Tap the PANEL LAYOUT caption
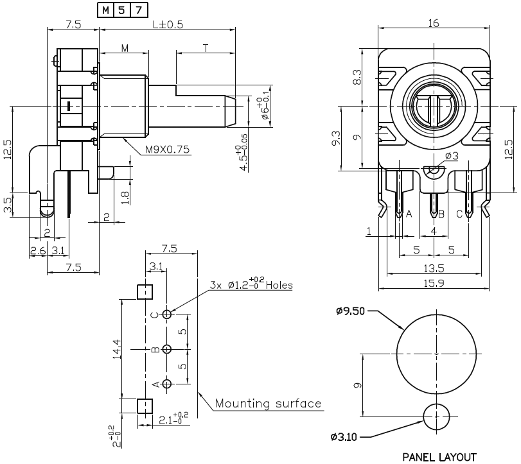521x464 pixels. (439, 457)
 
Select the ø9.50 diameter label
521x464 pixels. (351, 312)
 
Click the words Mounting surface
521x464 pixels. (268, 404)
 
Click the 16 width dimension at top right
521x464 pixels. (433, 23)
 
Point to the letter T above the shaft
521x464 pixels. (206, 48)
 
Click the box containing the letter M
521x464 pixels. (105, 10)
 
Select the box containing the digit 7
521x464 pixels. (139, 10)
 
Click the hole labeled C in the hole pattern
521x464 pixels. (167, 314)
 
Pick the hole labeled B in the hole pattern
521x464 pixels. (167, 349)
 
